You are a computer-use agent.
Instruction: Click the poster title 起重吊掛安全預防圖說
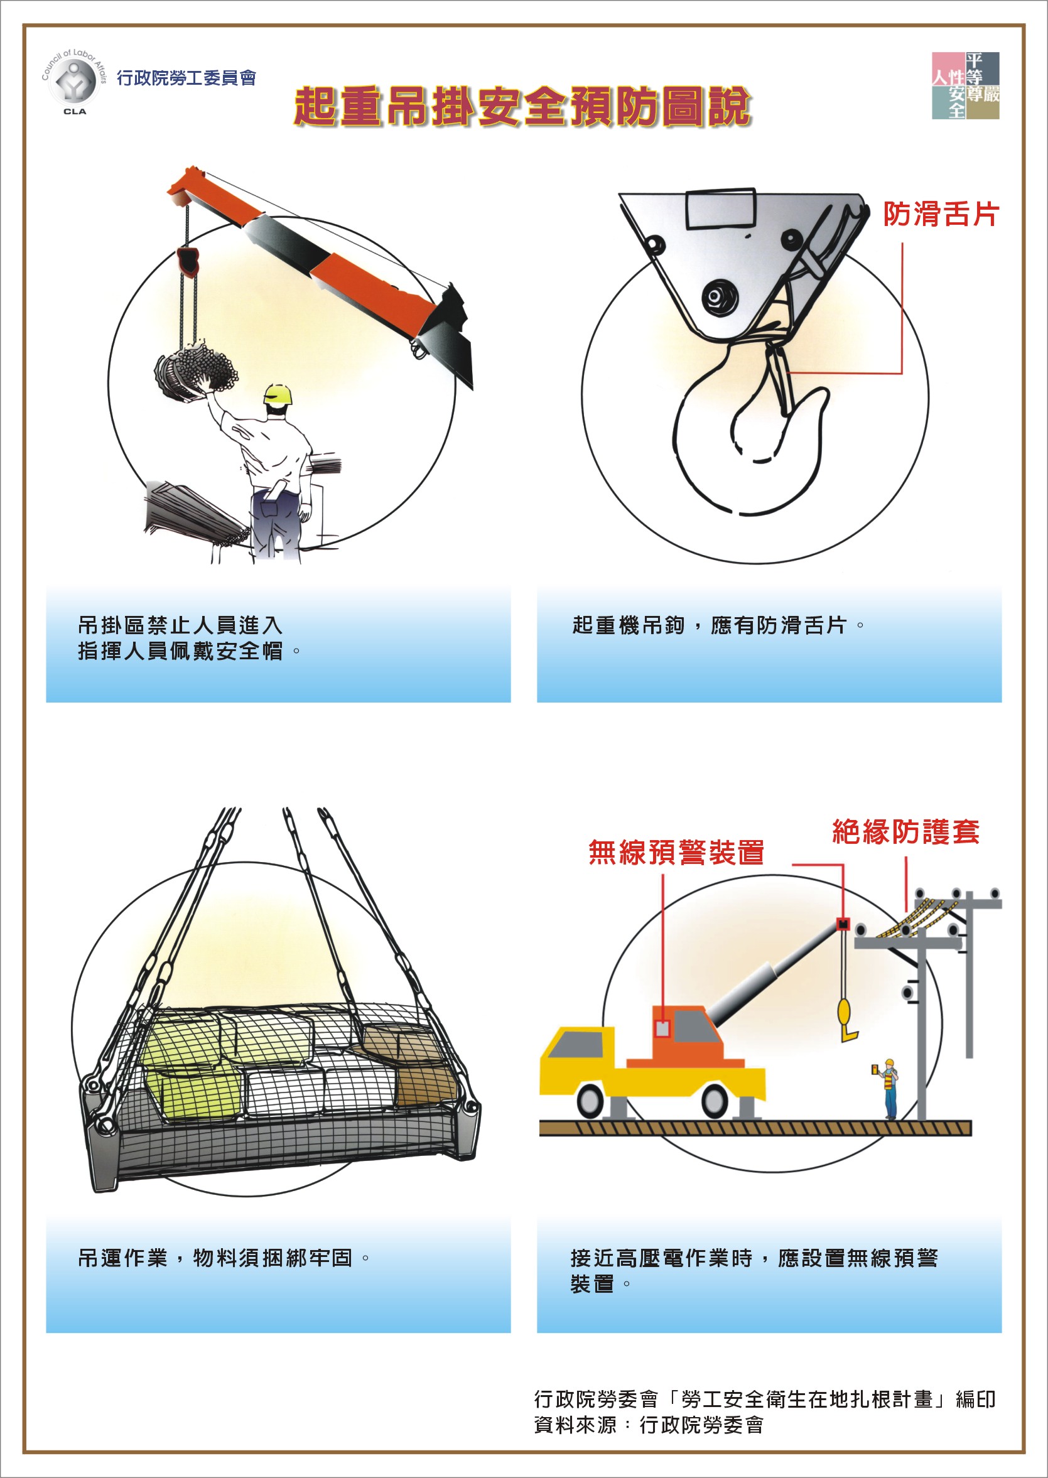[x=522, y=107]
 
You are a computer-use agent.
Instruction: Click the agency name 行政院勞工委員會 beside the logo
[x=186, y=78]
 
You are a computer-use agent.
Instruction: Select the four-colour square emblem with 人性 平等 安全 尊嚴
[x=965, y=86]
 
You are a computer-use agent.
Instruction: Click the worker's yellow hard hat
[x=279, y=394]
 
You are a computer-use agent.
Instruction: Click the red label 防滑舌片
[x=940, y=214]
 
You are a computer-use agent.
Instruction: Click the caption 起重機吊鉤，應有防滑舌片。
[x=718, y=625]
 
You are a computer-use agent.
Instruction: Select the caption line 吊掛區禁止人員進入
[x=180, y=625]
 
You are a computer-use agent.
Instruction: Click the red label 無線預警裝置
[x=676, y=851]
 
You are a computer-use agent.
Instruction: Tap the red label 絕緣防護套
[x=906, y=831]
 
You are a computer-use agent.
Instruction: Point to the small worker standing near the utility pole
[x=889, y=1089]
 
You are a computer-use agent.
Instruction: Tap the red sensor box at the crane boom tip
[x=843, y=924]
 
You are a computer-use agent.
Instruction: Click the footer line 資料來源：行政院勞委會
[x=649, y=1425]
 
